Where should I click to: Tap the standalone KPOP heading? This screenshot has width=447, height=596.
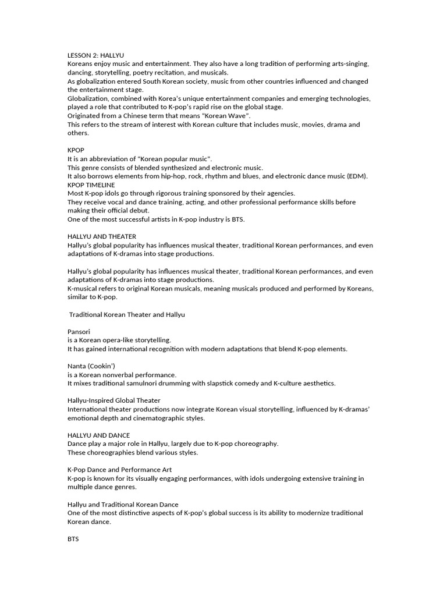click(x=76, y=150)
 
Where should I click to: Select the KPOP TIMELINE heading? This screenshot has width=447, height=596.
click(x=91, y=185)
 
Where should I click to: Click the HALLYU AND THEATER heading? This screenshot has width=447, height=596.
click(x=102, y=237)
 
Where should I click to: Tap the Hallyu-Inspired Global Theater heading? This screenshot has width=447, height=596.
click(x=114, y=400)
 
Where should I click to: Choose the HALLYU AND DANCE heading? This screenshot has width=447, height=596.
click(x=99, y=435)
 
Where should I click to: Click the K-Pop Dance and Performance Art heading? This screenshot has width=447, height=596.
click(x=119, y=470)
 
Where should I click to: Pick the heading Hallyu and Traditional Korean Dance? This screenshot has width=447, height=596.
click(x=123, y=504)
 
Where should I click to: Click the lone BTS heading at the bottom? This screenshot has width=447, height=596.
click(x=73, y=539)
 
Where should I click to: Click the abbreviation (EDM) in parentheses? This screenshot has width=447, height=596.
click(x=359, y=176)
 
